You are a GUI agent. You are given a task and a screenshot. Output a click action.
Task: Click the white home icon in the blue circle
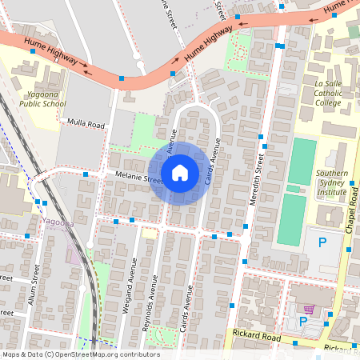[180, 173]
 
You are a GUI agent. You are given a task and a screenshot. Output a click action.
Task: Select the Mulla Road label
[86, 125]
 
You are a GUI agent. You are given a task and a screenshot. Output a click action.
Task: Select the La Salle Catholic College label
[328, 93]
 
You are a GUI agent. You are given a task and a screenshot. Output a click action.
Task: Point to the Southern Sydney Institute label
[330, 182]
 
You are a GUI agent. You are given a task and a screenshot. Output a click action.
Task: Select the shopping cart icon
[309, 309]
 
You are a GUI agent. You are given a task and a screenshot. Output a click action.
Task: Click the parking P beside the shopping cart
[302, 322]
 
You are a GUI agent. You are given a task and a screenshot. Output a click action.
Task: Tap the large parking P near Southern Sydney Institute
[322, 242]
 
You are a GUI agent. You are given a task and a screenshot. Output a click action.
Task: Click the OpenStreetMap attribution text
[80, 354]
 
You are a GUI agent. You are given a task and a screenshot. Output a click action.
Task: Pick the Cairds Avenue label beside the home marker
[212, 165]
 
